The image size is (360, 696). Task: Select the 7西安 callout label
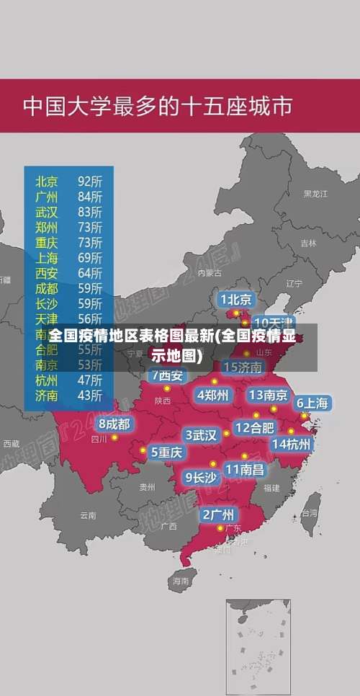168,375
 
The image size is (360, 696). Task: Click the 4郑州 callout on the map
213,395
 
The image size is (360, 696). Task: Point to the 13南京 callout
269,395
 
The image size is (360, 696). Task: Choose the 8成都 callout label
114,424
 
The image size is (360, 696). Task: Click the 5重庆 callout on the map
167,452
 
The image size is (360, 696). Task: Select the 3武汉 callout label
202,435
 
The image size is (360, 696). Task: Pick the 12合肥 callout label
254,427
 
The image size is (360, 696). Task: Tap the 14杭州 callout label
292,444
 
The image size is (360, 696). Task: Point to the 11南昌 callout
245,469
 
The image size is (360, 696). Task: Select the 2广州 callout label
217,514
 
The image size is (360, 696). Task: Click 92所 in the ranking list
90,180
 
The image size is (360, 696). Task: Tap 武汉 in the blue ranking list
47,211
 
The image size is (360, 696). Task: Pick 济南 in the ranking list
47,395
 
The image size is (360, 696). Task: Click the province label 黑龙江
315,194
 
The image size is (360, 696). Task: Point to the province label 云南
88,515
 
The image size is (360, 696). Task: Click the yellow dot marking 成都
114,437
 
